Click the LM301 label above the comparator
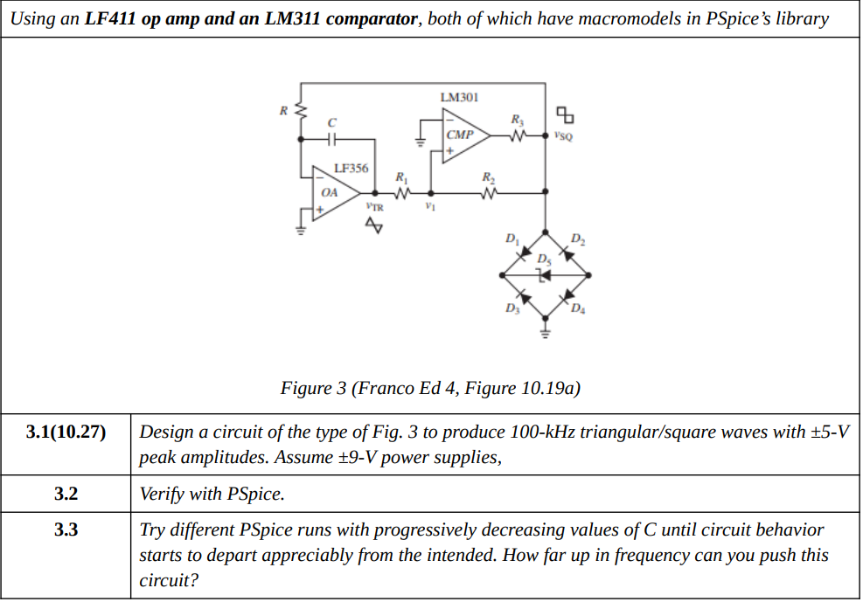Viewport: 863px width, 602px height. [460, 97]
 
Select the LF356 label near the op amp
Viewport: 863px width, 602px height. [351, 168]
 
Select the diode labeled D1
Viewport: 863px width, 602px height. [524, 253]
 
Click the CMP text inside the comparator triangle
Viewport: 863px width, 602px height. [458, 135]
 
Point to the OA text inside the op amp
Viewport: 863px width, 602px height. [329, 192]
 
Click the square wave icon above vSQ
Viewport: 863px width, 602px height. [567, 114]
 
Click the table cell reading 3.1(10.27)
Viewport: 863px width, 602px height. [66, 432]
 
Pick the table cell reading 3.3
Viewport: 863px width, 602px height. [66, 529]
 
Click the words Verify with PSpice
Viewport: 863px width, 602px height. [212, 494]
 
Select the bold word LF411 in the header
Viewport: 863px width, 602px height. [111, 18]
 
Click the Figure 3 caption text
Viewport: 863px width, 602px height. [430, 388]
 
